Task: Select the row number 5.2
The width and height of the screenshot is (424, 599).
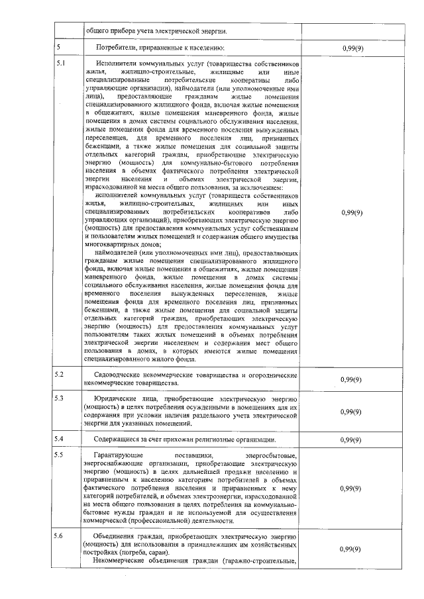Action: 60,375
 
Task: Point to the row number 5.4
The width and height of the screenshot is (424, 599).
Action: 60,439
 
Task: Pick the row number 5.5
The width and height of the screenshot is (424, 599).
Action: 60,455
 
